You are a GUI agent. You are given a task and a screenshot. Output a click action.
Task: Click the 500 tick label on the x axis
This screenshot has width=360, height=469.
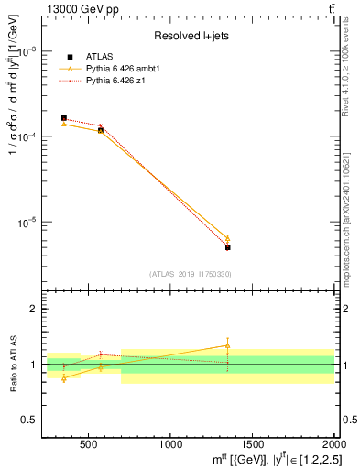tap(89, 446)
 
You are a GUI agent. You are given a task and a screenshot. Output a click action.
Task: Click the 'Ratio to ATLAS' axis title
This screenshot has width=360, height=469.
tap(12, 364)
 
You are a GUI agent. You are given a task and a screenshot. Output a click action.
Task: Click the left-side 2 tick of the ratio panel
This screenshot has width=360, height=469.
tap(32, 309)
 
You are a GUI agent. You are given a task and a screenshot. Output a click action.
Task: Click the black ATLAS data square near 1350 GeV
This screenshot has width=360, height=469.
tap(228, 247)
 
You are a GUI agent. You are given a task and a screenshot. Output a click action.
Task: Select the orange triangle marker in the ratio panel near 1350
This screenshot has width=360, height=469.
tap(228, 345)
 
